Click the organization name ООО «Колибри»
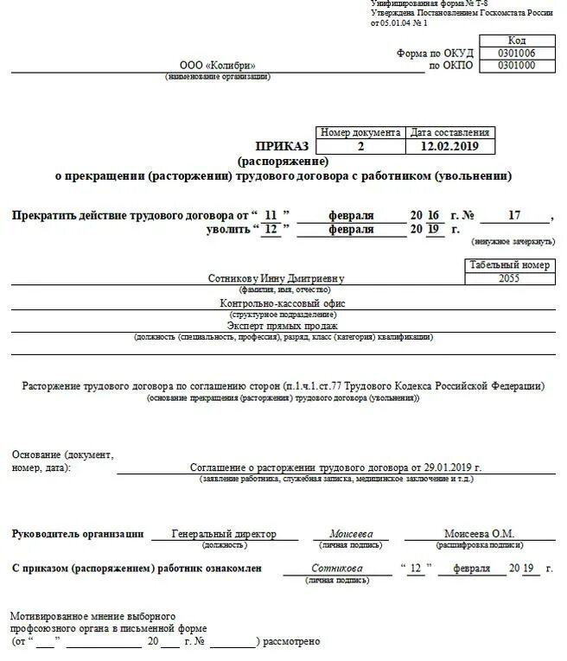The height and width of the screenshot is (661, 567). pos(217,66)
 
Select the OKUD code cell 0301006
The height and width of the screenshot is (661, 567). pos(516,53)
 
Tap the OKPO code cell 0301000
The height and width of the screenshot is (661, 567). pos(516,66)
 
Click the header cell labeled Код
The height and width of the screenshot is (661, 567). pos(516,41)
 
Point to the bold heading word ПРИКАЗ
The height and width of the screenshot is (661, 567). pos(282,146)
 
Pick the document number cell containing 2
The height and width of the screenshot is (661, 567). pos(360,146)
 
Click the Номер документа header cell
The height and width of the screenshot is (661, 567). pos(360,133)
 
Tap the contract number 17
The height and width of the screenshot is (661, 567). pos(514,214)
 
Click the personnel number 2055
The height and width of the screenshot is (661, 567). pos(510,278)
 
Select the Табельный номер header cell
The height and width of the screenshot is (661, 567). pos(510,265)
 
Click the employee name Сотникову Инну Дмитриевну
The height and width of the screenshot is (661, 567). pos(276,278)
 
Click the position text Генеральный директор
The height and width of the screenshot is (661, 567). pos(212,534)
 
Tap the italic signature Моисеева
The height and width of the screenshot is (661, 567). pos(351,534)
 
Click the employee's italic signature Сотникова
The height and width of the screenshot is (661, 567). pos(337,569)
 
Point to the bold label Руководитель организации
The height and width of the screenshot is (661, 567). pos(78,534)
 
